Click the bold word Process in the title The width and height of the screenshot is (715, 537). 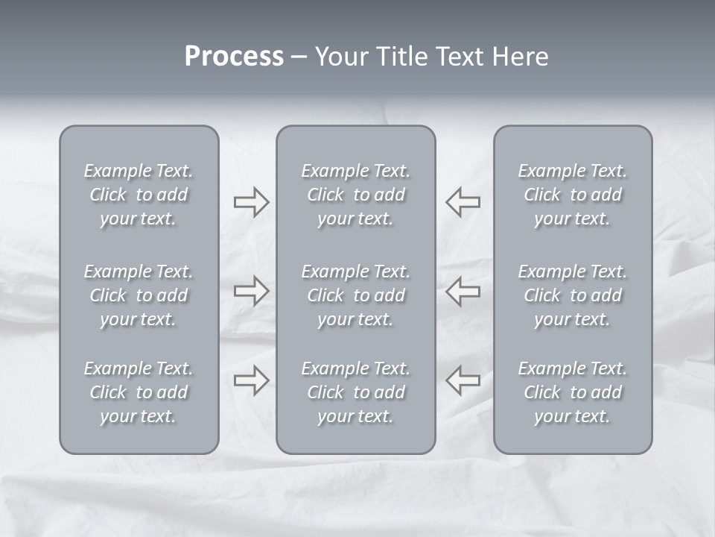(x=234, y=57)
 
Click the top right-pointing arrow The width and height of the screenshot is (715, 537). (x=251, y=201)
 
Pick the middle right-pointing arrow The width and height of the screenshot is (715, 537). (x=251, y=290)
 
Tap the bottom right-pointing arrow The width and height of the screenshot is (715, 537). (x=251, y=380)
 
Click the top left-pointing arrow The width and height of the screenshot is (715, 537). (x=463, y=201)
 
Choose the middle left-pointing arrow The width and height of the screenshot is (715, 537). (x=463, y=290)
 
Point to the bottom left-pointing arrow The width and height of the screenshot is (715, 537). (x=463, y=380)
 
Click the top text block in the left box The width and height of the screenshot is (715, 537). (x=139, y=195)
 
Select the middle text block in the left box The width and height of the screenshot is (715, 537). (x=139, y=295)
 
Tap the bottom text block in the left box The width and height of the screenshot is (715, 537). (x=139, y=392)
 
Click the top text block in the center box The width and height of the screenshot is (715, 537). (x=356, y=195)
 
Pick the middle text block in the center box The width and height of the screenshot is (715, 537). (x=356, y=295)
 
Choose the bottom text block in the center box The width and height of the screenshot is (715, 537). (x=356, y=392)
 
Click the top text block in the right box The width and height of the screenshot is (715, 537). (x=573, y=195)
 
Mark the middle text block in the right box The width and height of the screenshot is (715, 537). (x=573, y=295)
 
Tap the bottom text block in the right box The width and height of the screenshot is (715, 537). (x=573, y=392)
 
